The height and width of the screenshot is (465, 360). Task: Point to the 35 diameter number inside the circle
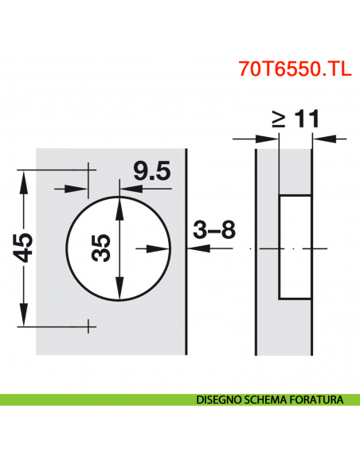click(100, 249)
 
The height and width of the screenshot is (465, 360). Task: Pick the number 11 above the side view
click(305, 119)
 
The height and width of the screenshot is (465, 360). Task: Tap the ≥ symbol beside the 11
click(278, 119)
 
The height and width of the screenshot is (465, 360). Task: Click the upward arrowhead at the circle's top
click(119, 204)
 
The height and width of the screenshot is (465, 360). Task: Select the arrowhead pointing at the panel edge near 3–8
click(192, 248)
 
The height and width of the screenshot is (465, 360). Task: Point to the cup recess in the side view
click(295, 247)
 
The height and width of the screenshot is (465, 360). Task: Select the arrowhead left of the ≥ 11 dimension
click(272, 139)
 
